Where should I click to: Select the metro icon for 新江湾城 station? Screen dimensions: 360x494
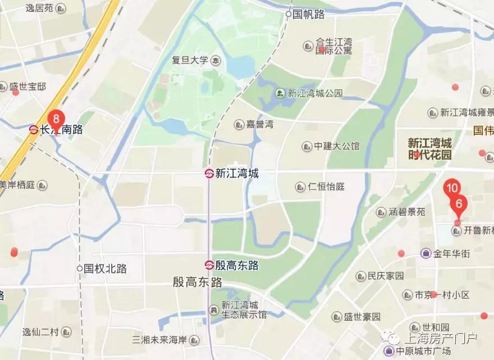209,174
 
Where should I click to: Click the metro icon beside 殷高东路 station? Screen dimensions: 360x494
209,265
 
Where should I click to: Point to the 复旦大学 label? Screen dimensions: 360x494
190,60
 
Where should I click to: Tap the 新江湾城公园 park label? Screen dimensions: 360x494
314,93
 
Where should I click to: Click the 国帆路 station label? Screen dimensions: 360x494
309,15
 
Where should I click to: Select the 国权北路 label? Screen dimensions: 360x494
105,268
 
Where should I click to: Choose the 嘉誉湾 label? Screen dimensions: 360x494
259,124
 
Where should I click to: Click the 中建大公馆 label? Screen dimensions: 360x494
336,146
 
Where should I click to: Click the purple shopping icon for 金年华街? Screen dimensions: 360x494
427,253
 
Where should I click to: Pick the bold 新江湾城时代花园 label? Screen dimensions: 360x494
429,149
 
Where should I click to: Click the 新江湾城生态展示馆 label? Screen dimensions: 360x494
244,309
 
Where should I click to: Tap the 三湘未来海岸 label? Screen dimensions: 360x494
159,340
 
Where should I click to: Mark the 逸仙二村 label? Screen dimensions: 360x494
40,332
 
